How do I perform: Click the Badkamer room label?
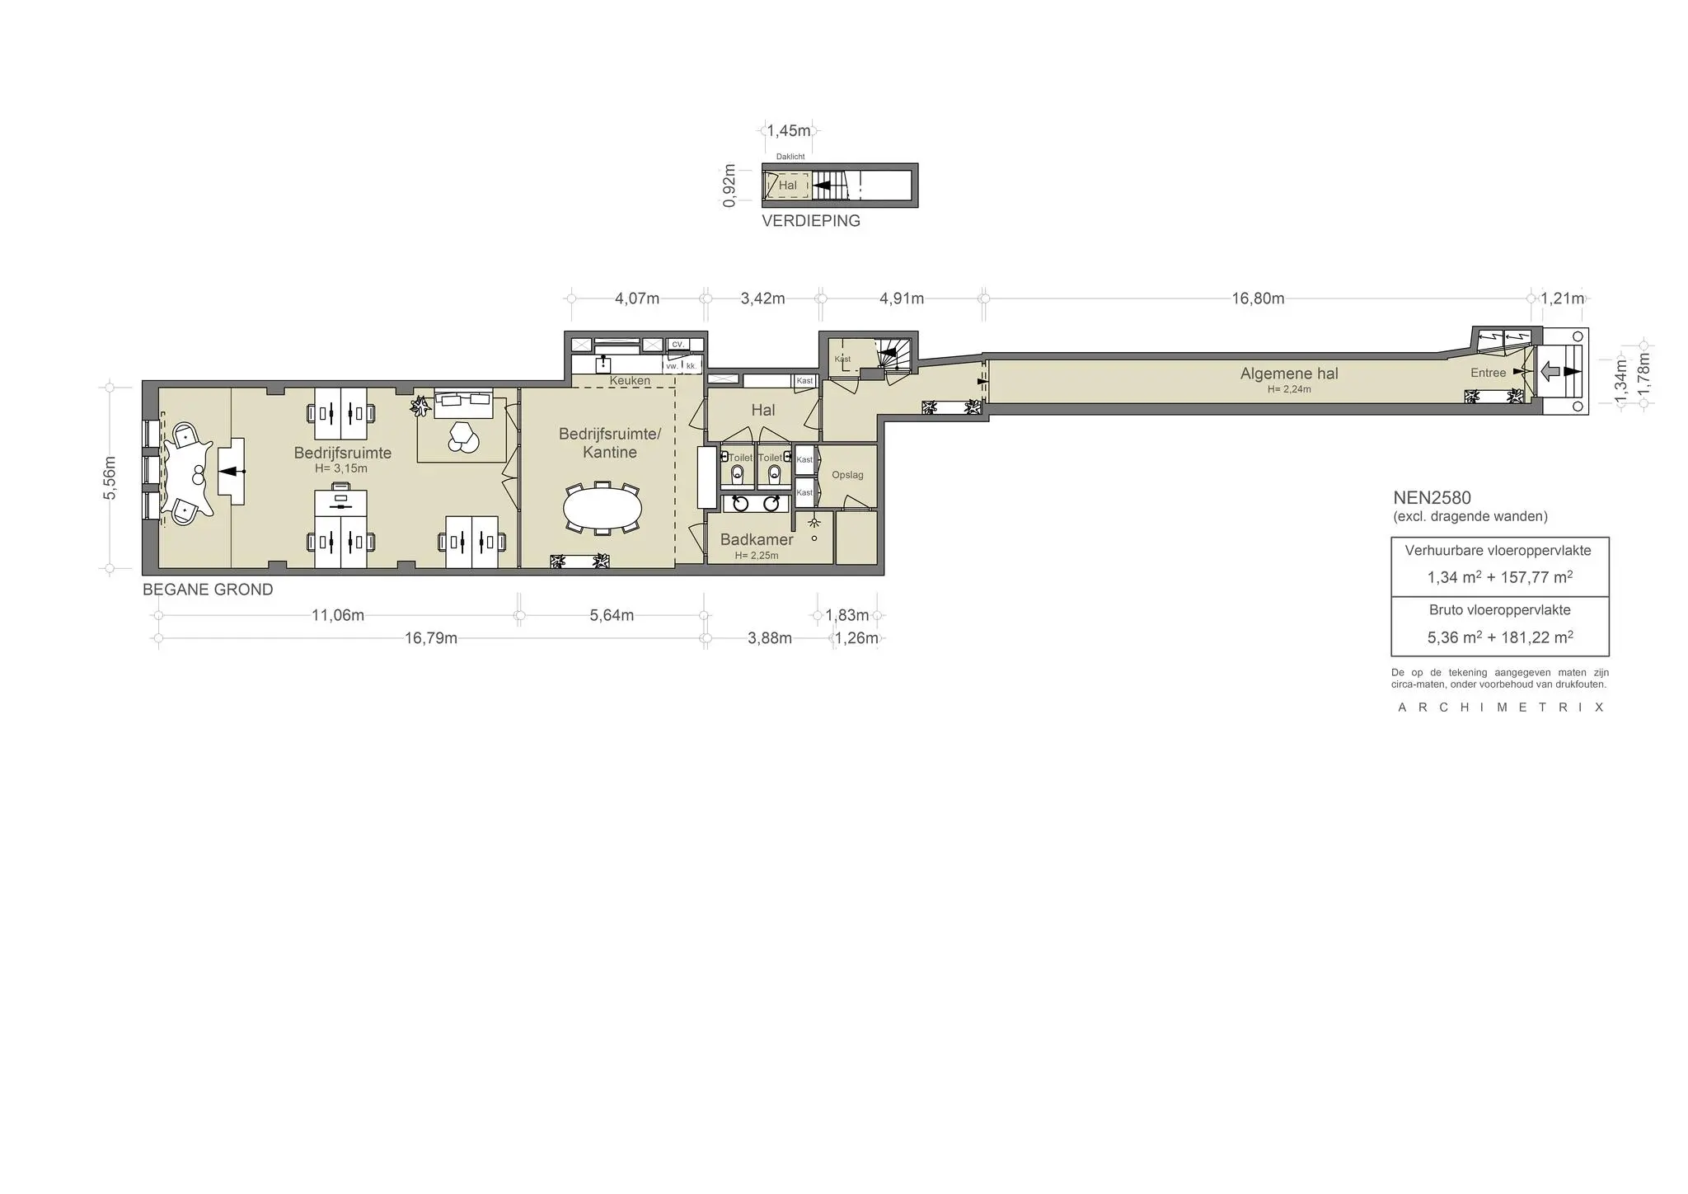coord(757,539)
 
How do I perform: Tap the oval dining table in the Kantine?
coord(603,508)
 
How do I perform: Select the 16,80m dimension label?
coord(1258,298)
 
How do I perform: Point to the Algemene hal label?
coord(1289,374)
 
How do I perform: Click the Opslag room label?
coord(847,475)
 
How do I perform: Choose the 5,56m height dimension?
coord(110,477)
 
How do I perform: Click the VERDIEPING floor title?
coord(811,221)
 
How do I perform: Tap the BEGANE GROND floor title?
coord(208,590)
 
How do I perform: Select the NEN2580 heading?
coord(1432,498)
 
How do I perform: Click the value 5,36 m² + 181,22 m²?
coord(1500,637)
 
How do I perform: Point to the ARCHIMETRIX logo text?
coord(1500,707)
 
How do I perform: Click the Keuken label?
coord(630,381)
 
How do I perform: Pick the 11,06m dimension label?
coord(338,615)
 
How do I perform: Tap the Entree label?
coord(1488,373)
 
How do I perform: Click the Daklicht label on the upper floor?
coord(790,157)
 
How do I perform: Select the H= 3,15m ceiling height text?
coord(341,468)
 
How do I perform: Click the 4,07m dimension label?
coord(637,298)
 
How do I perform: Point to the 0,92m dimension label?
coord(729,186)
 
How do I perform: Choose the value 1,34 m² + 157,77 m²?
coord(1500,577)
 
